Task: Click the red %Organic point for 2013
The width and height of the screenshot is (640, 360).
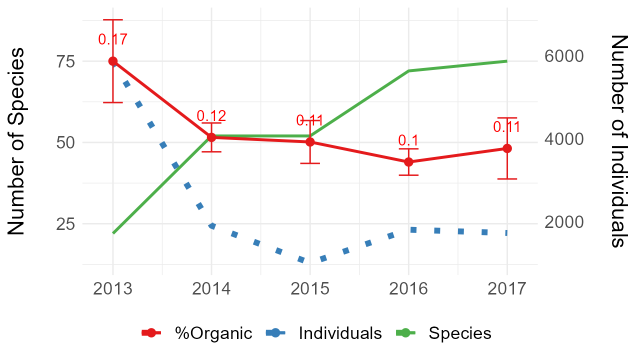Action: tap(113, 61)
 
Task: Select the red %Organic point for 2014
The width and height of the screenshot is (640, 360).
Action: tap(211, 137)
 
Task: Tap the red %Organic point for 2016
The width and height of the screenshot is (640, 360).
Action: tap(408, 162)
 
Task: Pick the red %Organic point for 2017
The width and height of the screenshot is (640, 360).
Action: tap(507, 148)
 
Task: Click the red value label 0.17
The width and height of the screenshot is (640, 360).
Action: tap(112, 39)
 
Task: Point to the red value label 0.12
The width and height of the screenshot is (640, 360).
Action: tap(211, 116)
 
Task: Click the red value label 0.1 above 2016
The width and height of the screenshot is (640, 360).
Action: tap(408, 140)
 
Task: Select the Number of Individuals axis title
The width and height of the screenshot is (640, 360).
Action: tap(619, 141)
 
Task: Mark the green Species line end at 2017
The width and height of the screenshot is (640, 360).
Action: tap(507, 61)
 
